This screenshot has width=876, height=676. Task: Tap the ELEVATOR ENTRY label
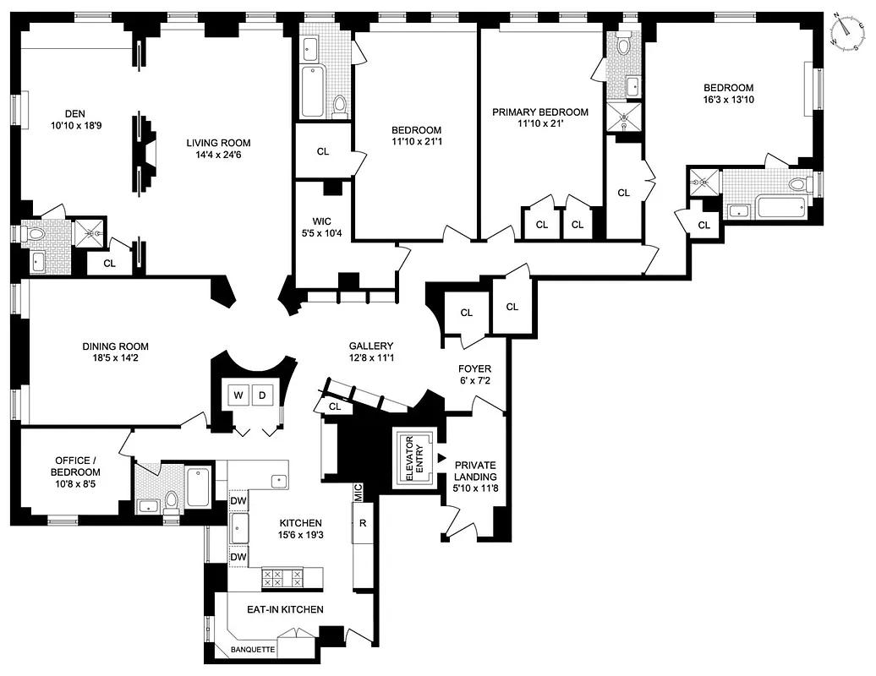(414, 460)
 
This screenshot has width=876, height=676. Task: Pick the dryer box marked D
(261, 395)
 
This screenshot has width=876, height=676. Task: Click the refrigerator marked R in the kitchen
(363, 523)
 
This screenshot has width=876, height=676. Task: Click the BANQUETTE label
(253, 650)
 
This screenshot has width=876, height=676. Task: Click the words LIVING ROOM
(218, 143)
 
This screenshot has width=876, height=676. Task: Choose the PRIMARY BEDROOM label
(539, 112)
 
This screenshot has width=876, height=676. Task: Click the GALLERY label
(371, 346)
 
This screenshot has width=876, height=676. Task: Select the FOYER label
(474, 369)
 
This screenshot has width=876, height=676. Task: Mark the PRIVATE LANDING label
(474, 471)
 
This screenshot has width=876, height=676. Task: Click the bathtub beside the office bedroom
(200, 487)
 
